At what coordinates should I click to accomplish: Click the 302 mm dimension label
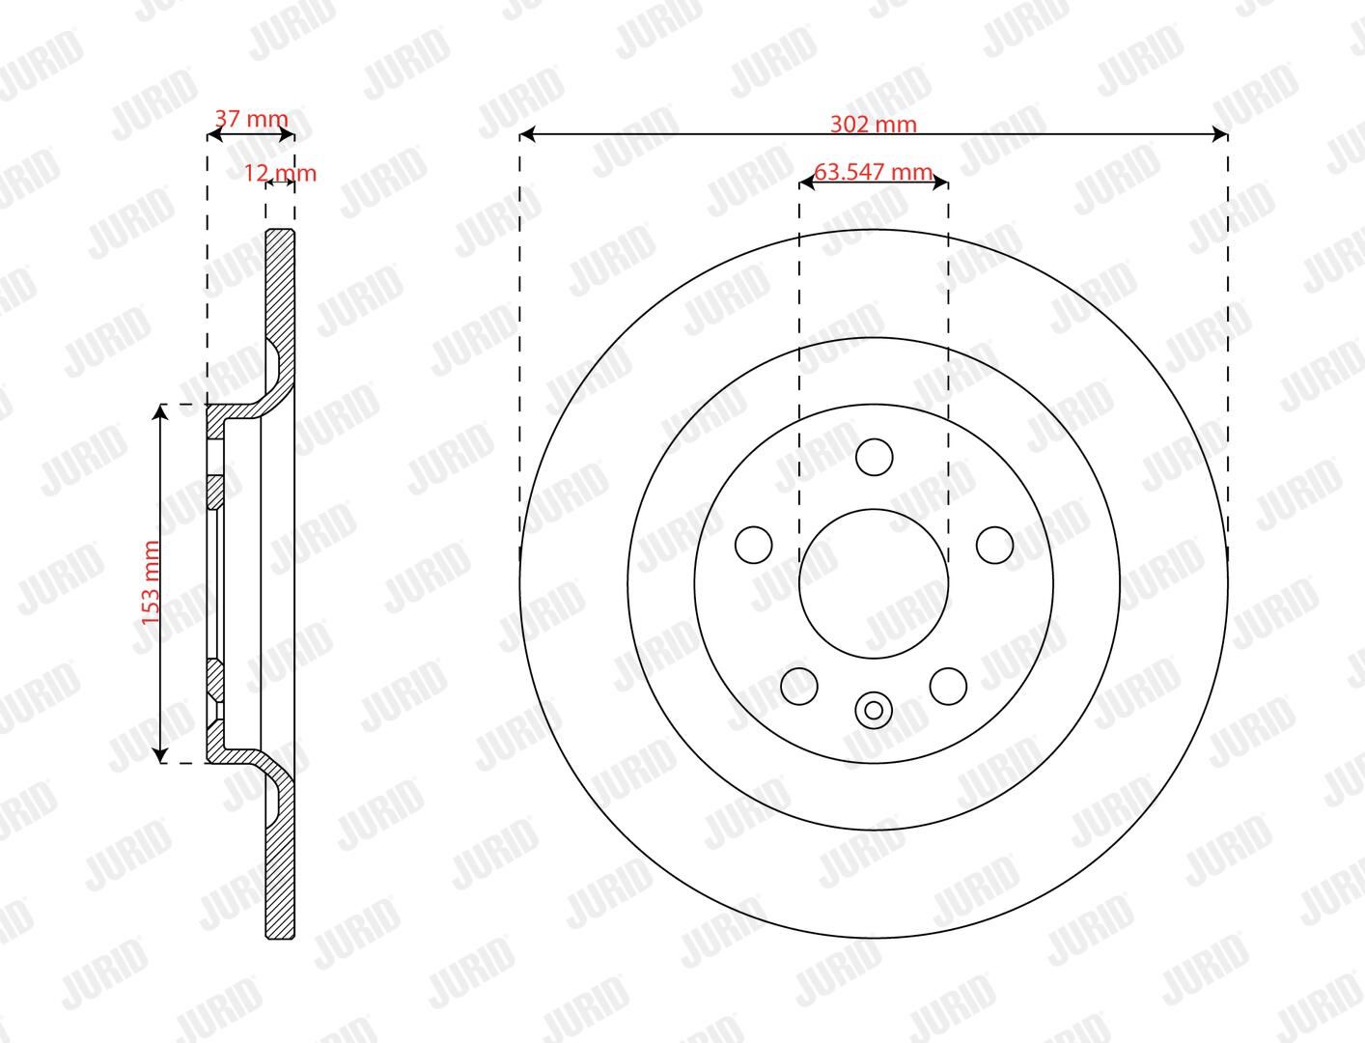pos(873,125)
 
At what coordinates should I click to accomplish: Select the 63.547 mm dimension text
pos(873,172)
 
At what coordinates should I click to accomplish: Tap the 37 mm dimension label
pos(251,118)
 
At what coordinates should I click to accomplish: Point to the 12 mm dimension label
pos(280,173)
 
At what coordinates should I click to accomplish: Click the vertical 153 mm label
pos(151,582)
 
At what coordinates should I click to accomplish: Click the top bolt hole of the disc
pos(874,457)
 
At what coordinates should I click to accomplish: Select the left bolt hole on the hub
pos(753,545)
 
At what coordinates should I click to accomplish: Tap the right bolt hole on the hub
pos(994,545)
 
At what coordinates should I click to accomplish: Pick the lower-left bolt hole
pos(799,687)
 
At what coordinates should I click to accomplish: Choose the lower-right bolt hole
pos(948,687)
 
